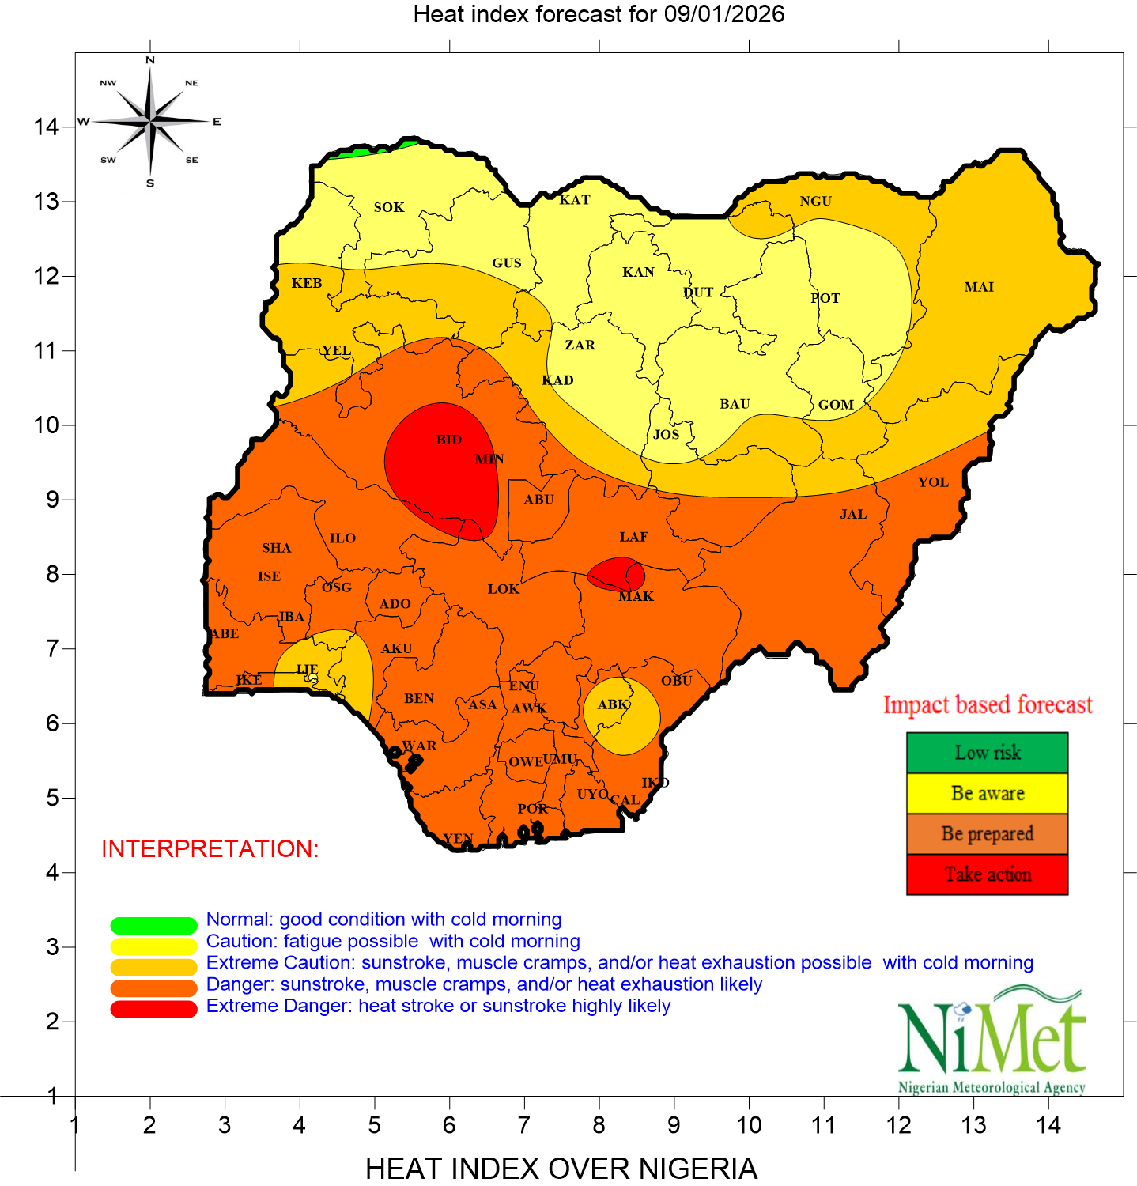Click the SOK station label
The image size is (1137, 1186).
click(389, 207)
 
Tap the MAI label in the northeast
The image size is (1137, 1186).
click(979, 287)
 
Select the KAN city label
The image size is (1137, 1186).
click(638, 272)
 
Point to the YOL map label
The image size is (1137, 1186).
click(933, 482)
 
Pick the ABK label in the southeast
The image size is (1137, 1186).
click(613, 704)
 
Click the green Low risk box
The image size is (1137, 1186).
click(987, 753)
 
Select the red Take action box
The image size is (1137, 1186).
click(987, 874)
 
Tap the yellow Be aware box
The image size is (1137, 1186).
click(987, 793)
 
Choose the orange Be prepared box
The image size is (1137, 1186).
click(987, 834)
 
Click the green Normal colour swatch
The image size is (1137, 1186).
click(153, 925)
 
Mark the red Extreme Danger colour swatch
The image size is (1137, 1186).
click(153, 1010)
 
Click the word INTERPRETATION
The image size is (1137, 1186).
click(210, 849)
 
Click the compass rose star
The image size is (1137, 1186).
click(150, 121)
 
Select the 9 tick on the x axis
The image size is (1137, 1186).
click(674, 1125)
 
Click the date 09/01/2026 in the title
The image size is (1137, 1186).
click(723, 14)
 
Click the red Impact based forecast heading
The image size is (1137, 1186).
click(988, 704)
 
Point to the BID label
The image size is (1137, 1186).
click(448, 440)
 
